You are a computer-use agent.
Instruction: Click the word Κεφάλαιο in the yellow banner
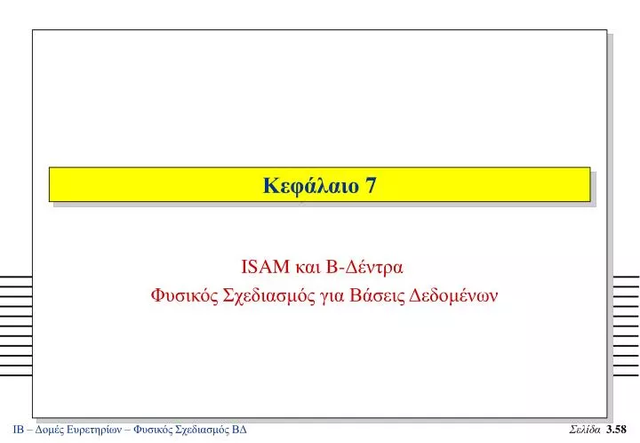[x=311, y=186]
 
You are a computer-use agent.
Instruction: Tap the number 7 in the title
[x=371, y=185]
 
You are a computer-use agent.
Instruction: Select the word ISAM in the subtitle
[x=265, y=267]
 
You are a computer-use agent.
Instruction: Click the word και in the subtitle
[x=308, y=269]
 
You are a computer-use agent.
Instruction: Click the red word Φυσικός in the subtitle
[x=185, y=295]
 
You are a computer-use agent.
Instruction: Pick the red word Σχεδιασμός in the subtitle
[x=269, y=295]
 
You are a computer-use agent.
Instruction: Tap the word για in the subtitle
[x=332, y=297]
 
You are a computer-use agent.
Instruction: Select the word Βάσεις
[x=376, y=294]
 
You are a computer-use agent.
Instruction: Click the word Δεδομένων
[x=453, y=294]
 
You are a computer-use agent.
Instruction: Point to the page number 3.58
[x=616, y=430]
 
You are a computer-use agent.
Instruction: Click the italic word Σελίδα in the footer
[x=585, y=430]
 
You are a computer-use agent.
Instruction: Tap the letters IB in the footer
[x=19, y=430]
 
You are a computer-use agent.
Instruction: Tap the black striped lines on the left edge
[x=16, y=326]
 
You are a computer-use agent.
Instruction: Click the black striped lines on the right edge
[x=626, y=326]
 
